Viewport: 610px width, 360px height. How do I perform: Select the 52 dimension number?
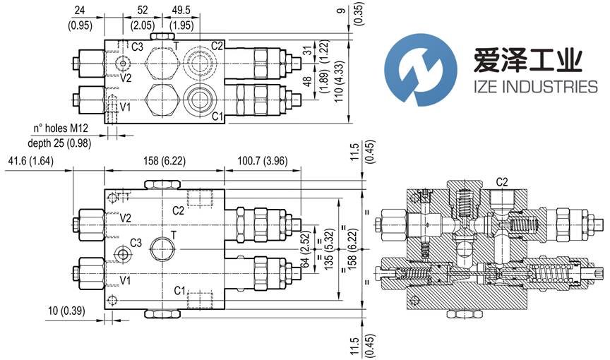pyautogui.click(x=143, y=10)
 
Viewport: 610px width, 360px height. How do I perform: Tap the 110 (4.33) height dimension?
pyautogui.click(x=339, y=82)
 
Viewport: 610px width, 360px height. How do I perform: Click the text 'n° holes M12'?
pyautogui.click(x=66, y=128)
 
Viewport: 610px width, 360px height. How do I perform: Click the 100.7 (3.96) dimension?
pyautogui.click(x=261, y=161)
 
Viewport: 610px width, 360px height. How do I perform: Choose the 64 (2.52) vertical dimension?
pyautogui.click(x=305, y=251)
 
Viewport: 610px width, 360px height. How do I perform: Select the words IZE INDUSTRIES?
pyautogui.click(x=528, y=88)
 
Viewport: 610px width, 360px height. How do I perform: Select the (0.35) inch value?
pyautogui.click(x=359, y=16)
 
